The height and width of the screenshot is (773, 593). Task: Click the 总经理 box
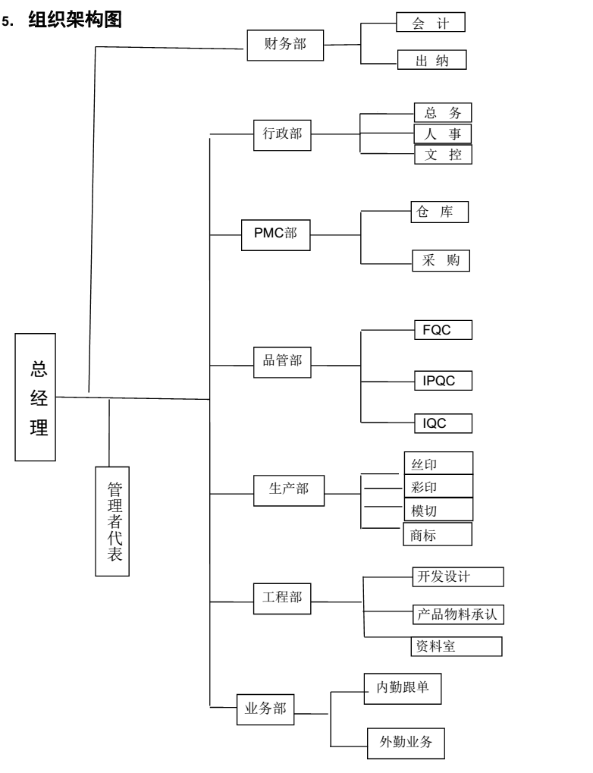tap(35, 397)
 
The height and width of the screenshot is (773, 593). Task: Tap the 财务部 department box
tap(286, 45)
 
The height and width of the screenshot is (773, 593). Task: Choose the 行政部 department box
tap(281, 134)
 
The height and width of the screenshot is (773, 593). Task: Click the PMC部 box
tap(276, 233)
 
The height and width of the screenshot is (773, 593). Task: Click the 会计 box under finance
tap(430, 22)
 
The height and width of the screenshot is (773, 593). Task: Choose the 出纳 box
tap(430, 61)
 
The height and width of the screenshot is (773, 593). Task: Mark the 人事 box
tap(443, 134)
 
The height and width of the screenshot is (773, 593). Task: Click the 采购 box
tap(441, 260)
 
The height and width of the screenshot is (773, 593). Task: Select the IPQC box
tap(443, 380)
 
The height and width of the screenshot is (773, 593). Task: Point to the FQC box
tap(443, 331)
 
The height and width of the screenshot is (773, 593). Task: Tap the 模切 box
tap(438, 507)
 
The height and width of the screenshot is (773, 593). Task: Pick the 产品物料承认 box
tap(457, 613)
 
